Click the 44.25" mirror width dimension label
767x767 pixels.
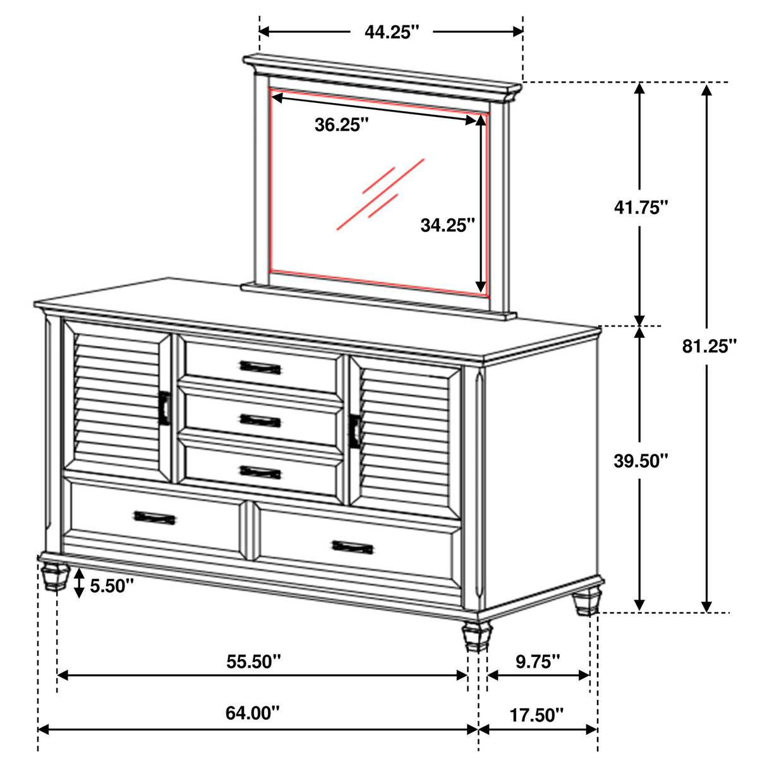point(392,32)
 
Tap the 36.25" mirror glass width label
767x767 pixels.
point(341,125)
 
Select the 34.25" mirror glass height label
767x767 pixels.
point(447,225)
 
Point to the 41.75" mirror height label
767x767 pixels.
point(641,207)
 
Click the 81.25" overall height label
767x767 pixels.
point(710,346)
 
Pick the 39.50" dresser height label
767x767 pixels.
point(641,461)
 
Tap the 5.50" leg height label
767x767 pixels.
point(112,586)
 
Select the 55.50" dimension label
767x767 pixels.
point(253,661)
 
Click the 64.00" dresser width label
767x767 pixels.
point(252,713)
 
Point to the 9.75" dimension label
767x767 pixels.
point(538,661)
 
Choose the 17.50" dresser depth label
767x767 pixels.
point(536,715)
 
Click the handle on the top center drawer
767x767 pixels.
point(260,367)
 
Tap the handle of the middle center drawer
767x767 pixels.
point(260,420)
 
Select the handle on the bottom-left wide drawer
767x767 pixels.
point(155,517)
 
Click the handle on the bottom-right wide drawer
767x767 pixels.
point(353,547)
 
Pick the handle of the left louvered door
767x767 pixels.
point(166,408)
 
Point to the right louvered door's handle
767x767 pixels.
point(356,432)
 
